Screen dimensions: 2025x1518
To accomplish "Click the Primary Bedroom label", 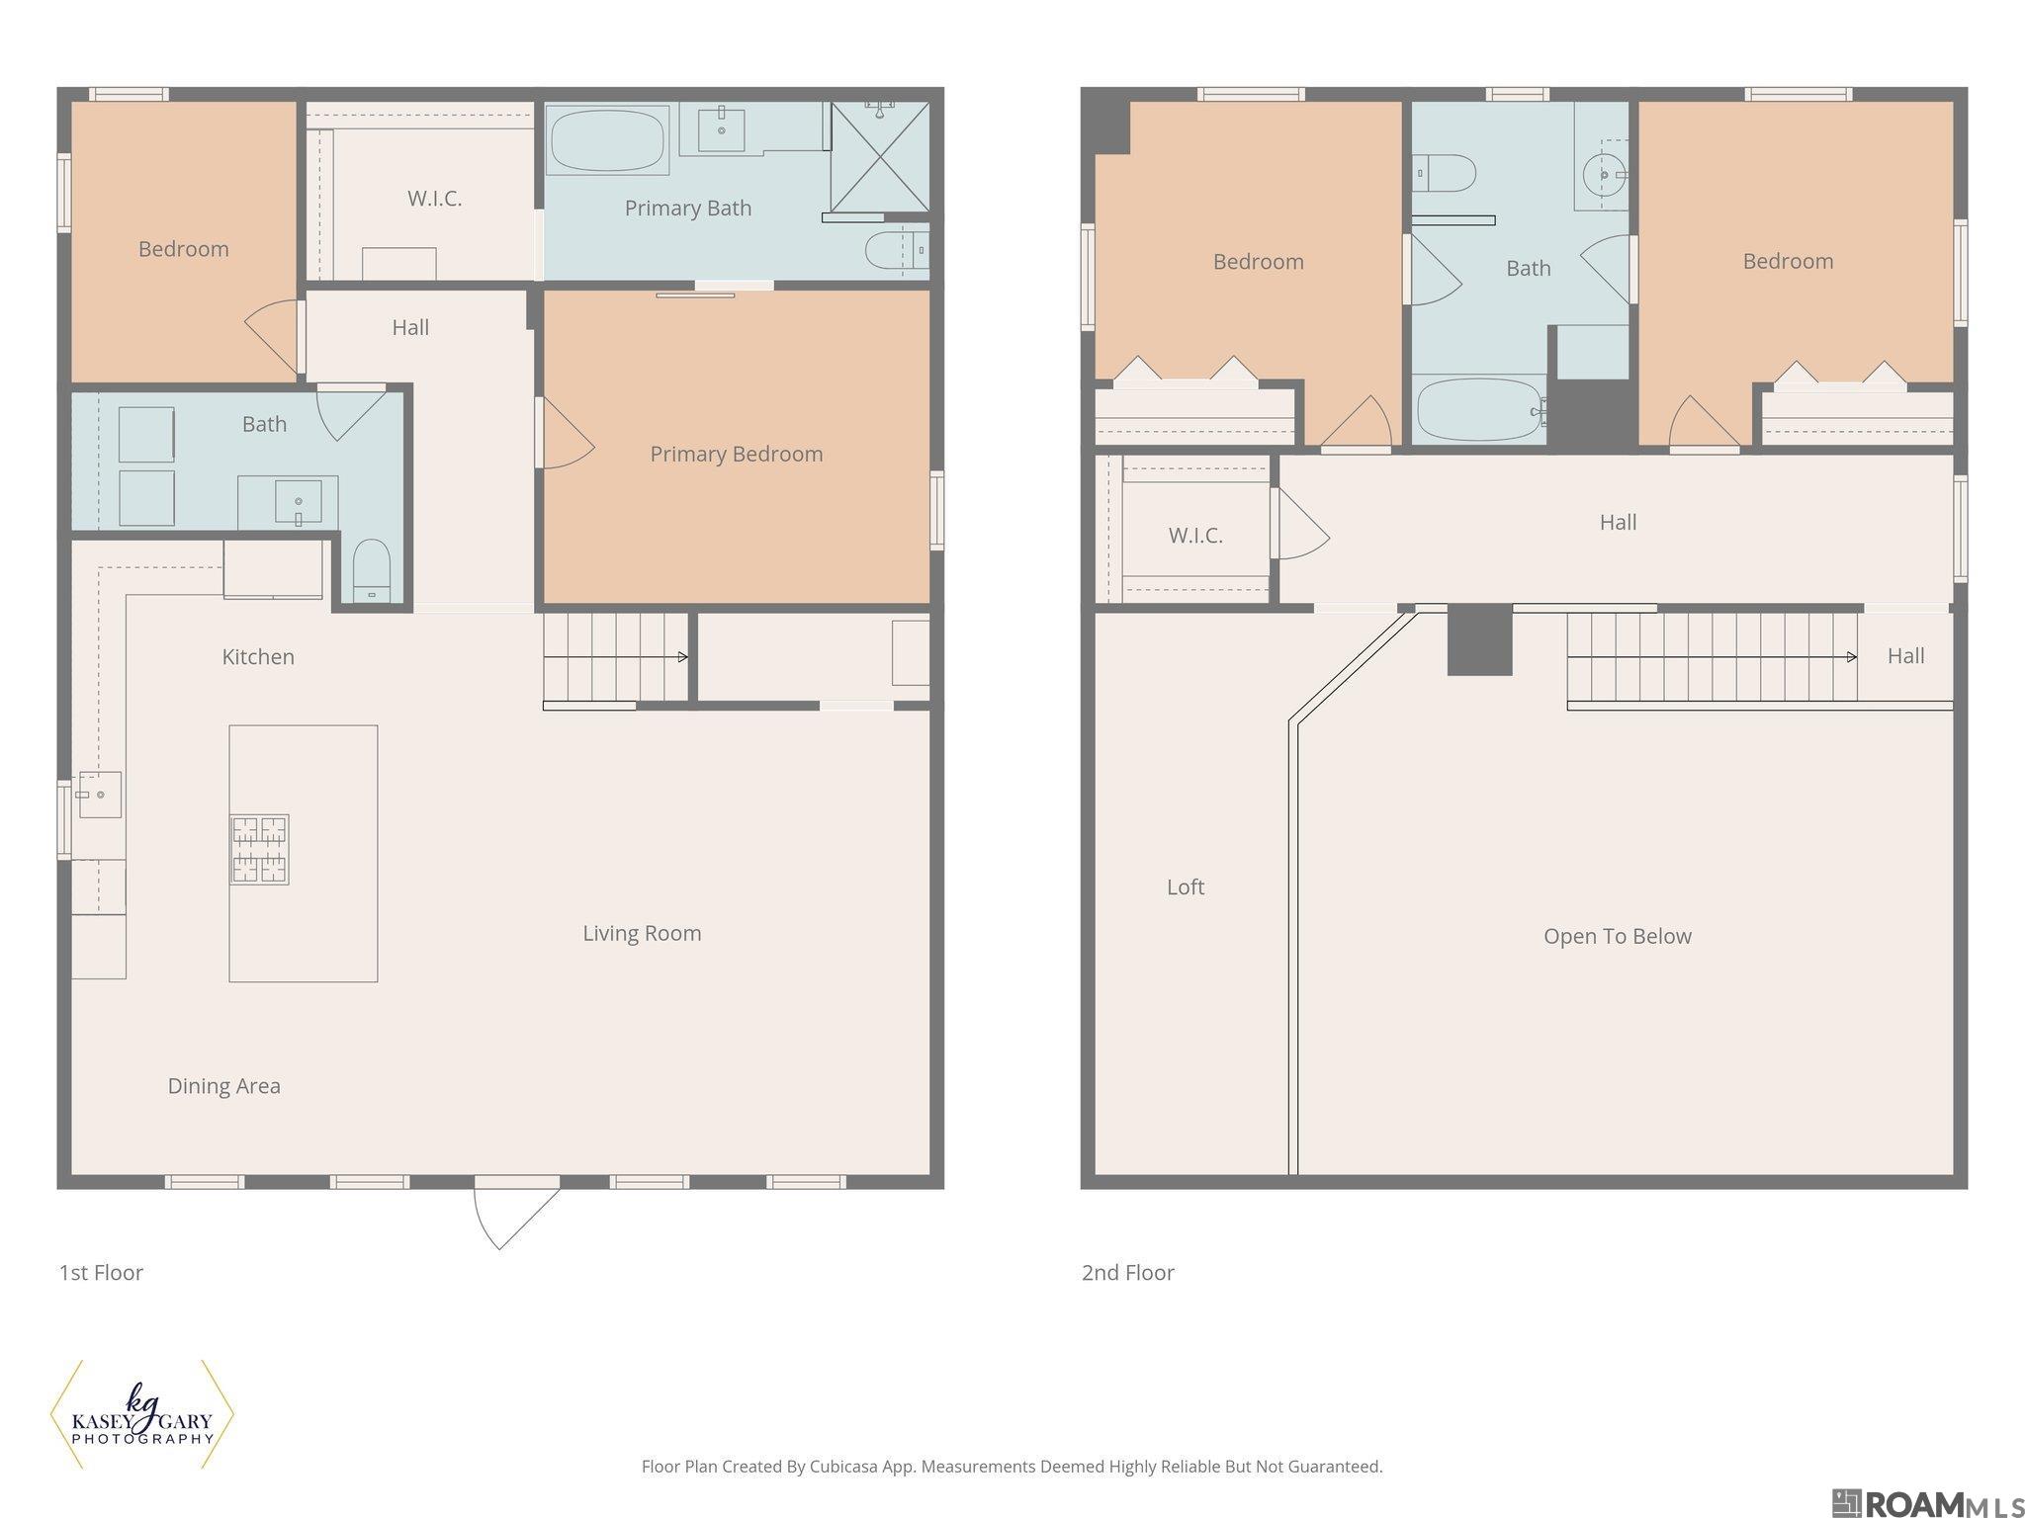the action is tap(736, 454).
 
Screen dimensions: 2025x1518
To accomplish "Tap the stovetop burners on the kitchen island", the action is tap(260, 849).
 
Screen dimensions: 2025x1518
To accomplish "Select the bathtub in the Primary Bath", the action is tap(607, 139).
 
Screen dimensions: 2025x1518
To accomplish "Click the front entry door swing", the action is tap(516, 1214).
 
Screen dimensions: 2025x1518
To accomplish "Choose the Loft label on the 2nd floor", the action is tap(1186, 886).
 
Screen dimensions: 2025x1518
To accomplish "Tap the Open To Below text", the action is tap(1618, 936).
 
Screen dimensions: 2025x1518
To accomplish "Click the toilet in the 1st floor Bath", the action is tap(372, 570).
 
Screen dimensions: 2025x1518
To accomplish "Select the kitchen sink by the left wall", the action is tap(100, 795).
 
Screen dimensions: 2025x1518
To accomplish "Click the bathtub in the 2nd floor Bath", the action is tap(1480, 410).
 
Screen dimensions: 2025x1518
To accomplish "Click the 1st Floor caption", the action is tap(101, 1272).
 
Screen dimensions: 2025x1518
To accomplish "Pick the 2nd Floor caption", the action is tap(1128, 1272).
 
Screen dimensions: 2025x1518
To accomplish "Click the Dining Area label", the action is tap(224, 1086).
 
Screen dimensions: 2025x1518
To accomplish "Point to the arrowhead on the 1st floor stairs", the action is tap(683, 656).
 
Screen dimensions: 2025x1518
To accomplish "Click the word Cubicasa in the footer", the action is tap(847, 1467).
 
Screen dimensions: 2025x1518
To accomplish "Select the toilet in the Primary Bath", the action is tap(897, 251).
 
